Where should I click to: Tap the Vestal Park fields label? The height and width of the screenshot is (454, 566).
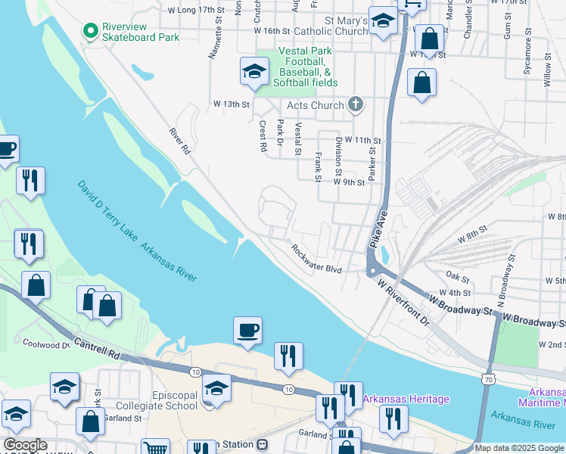tap(297, 66)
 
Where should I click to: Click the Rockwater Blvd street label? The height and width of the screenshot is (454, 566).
tap(317, 259)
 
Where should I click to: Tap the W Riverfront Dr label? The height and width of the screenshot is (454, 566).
tap(403, 301)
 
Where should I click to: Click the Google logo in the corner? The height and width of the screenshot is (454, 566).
tap(24, 445)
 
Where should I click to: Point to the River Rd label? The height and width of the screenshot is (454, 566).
tap(179, 141)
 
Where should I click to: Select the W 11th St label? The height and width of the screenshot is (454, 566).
tap(362, 141)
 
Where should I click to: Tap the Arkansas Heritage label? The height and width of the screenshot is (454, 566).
tap(406, 399)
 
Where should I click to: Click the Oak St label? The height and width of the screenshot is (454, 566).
tap(458, 276)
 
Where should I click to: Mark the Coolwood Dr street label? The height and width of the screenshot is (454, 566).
tap(45, 345)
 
